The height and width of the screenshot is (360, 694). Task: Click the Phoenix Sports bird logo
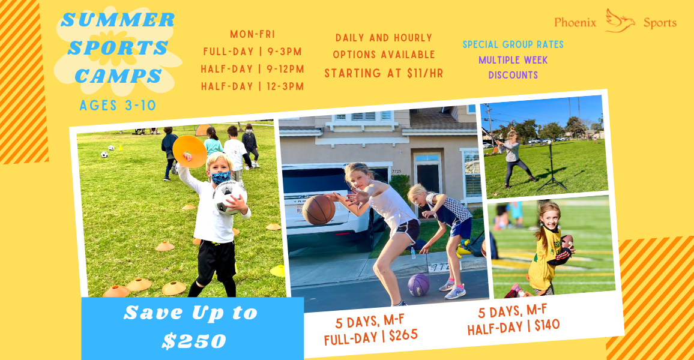coord(620,21)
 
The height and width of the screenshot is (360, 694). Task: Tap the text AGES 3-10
coord(118,105)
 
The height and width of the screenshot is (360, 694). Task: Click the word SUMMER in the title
coord(118,20)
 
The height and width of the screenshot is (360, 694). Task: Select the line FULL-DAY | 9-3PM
coord(252,52)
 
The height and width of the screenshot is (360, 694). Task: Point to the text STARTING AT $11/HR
coord(384,73)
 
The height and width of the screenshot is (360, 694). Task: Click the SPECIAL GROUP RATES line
coord(513,44)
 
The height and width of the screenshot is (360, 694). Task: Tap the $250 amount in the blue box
coord(194,341)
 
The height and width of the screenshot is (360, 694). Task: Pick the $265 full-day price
coord(403,335)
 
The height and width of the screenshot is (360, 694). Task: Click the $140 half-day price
coord(547,326)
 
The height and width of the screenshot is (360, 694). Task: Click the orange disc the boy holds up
coord(190,151)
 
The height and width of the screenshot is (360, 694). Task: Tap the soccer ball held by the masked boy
coord(229,197)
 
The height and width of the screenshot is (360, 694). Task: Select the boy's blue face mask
coord(220,178)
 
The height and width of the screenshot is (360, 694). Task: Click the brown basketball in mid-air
coord(319,209)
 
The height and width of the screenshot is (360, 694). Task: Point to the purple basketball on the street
coord(418,285)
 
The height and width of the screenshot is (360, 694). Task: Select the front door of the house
coord(428,176)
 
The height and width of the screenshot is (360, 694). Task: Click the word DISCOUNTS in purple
coord(513,75)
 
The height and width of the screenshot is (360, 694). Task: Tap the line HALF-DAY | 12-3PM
coord(252,86)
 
